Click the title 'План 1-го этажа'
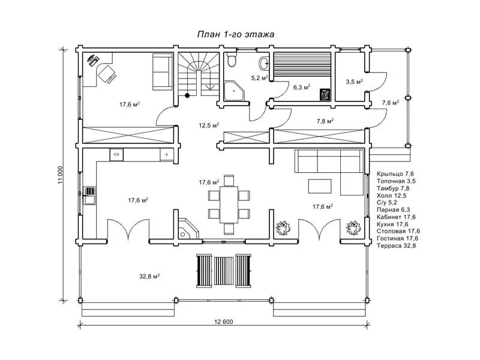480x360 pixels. pyautogui.click(x=235, y=34)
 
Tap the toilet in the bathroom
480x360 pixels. pyautogui.click(x=232, y=59)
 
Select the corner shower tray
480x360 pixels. pyautogui.click(x=234, y=91)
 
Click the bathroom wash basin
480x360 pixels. pyautogui.click(x=263, y=64)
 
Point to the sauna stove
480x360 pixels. pyautogui.click(x=325, y=94)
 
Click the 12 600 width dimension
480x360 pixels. pyautogui.click(x=223, y=322)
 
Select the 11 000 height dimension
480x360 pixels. pyautogui.click(x=60, y=175)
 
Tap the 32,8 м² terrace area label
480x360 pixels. pyautogui.click(x=149, y=277)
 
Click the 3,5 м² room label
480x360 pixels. pyautogui.click(x=354, y=82)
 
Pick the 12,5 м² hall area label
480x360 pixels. pyautogui.click(x=209, y=125)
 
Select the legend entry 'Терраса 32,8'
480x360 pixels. pyautogui.click(x=397, y=246)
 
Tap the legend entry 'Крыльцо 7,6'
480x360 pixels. pyautogui.click(x=395, y=174)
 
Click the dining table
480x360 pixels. pyautogui.click(x=229, y=205)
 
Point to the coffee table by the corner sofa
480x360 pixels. pyautogui.click(x=320, y=186)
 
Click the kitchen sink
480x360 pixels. pyautogui.click(x=89, y=196)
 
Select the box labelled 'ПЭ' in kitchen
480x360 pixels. pyautogui.click(x=116, y=155)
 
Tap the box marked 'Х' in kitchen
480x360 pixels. pyautogui.click(x=167, y=155)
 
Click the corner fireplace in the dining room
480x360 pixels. pyautogui.click(x=188, y=229)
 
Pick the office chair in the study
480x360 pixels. pyautogui.click(x=107, y=74)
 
